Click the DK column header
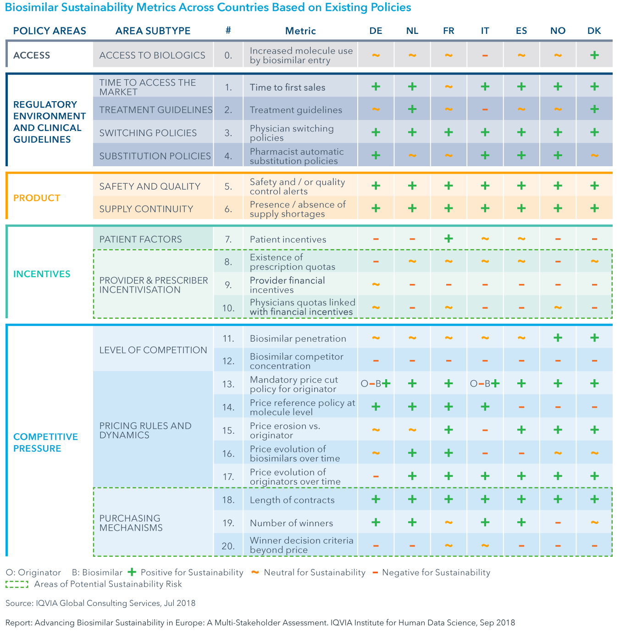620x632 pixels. point(594,31)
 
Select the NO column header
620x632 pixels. point(558,31)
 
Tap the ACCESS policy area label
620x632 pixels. point(32,55)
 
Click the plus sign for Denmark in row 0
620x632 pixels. point(594,55)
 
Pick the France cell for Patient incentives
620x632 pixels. point(448,239)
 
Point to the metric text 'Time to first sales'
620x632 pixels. point(288,87)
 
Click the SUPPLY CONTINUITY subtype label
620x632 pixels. point(146,209)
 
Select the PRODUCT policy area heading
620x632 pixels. point(37,198)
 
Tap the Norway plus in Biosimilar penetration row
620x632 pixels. point(558,338)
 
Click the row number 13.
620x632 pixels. point(228,384)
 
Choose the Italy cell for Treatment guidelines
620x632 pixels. point(485,109)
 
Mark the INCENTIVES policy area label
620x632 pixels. point(42,274)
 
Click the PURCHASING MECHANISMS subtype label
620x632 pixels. point(131,523)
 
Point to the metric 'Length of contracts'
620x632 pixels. point(292,500)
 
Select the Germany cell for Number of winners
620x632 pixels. point(376,523)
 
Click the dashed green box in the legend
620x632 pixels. point(17,584)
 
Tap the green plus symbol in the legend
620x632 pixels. point(132,572)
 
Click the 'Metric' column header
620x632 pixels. point(300,31)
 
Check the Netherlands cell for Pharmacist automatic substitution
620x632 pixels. point(412,156)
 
